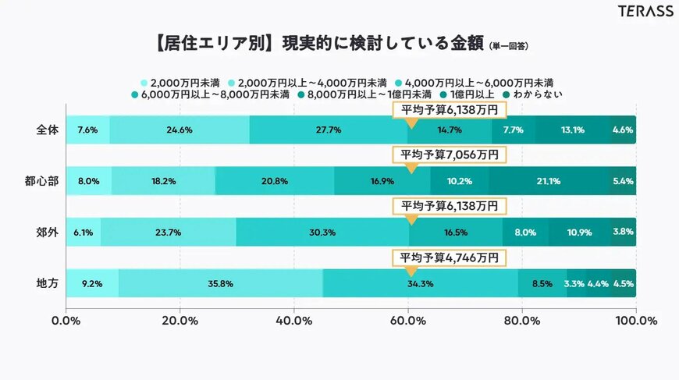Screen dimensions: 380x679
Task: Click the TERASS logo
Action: coord(645,12)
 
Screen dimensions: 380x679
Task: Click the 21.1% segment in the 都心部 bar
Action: coord(549,181)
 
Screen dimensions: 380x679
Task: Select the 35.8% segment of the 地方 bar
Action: coord(221,283)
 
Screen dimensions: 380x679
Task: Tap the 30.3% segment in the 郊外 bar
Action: coord(322,233)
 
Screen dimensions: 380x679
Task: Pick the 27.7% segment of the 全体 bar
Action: coord(329,130)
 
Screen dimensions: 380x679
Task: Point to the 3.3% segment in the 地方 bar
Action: coord(575,283)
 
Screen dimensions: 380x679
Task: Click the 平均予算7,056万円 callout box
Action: coord(450,154)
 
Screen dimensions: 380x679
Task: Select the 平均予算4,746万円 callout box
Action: coord(450,257)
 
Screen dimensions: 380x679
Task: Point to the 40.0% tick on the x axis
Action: coord(294,319)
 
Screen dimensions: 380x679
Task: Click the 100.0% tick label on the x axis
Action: coord(636,319)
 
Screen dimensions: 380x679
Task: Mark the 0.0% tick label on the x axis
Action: coord(66,319)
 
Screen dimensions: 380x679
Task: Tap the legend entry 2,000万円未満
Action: coord(180,82)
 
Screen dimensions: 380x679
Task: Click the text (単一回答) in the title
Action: coord(508,47)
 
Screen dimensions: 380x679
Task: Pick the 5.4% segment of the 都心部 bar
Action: coord(624,181)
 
